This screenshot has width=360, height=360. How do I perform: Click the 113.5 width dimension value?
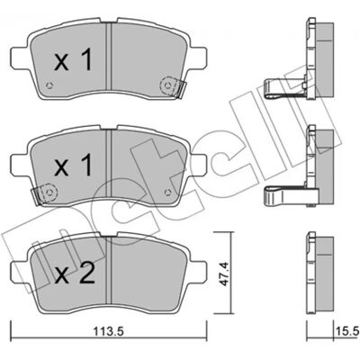pos(108,331)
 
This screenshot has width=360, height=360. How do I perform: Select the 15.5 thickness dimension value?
pos(346,331)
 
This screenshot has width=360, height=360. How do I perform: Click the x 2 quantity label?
pos(75,273)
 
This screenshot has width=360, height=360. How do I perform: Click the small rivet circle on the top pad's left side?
pos(49,85)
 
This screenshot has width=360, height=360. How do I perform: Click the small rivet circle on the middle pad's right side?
pos(167,191)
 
